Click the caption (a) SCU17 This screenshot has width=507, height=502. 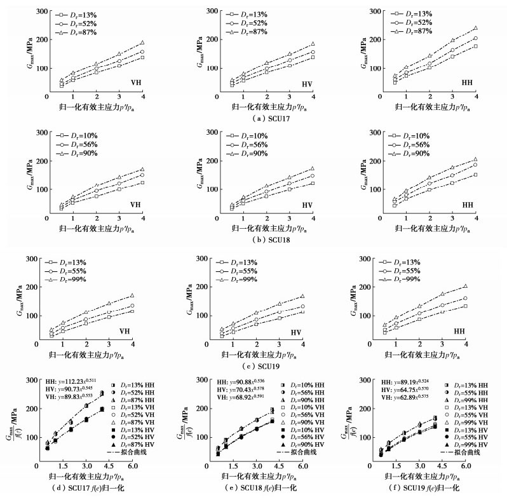(253, 118)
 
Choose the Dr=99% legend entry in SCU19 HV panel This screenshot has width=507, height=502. (243, 279)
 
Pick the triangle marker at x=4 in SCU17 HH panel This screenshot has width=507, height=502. (475, 29)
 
